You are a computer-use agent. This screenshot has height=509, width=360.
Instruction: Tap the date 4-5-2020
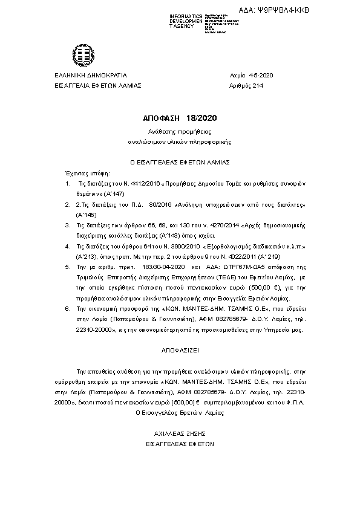261,75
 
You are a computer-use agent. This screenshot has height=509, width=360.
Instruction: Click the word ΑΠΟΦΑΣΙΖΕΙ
180,350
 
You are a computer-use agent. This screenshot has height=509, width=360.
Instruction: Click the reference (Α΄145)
87,215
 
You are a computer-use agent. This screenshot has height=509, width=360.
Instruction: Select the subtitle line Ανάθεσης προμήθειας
180,131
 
